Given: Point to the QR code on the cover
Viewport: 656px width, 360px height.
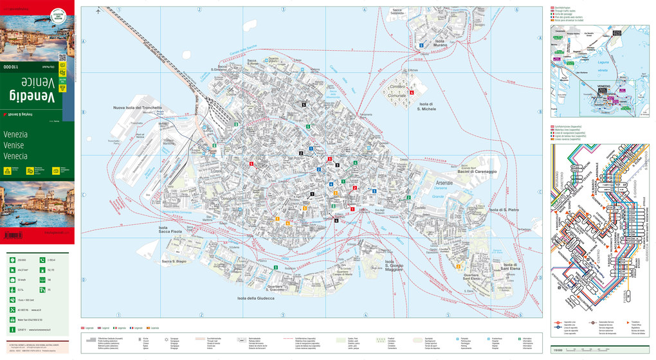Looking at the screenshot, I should (62, 57).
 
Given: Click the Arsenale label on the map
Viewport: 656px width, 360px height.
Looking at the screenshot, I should (444, 184).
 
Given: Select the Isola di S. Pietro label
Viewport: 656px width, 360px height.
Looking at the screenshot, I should (504, 210).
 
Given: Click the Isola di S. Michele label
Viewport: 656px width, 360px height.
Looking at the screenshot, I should (428, 107).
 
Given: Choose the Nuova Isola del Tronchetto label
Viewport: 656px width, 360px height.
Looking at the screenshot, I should (138, 107).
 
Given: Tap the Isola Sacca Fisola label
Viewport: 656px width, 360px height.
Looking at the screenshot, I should (170, 229).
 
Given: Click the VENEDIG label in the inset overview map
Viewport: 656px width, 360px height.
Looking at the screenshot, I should (603, 85).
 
